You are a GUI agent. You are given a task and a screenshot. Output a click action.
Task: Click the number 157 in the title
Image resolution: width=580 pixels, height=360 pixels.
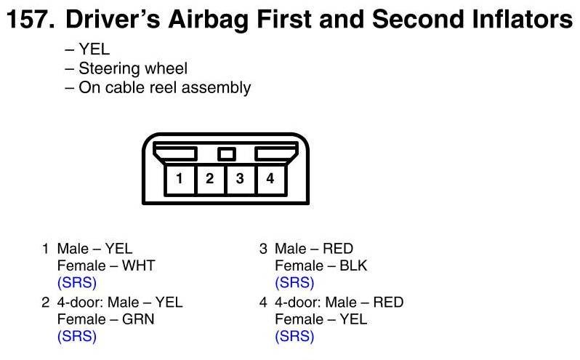point(31,19)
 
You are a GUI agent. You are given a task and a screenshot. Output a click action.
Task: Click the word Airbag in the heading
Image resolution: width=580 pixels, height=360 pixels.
point(209,20)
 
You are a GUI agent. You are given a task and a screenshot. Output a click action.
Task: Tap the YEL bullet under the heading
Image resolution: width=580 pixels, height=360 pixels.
point(94,49)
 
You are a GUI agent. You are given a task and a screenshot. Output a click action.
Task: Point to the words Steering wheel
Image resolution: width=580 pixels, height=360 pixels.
point(133,68)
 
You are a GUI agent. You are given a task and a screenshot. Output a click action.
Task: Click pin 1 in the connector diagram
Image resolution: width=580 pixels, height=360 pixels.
point(180,179)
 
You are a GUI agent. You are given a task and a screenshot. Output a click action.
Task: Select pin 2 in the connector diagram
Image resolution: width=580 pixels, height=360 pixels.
point(210,179)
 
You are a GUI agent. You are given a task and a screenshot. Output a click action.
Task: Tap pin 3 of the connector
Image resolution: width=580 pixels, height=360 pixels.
point(240,179)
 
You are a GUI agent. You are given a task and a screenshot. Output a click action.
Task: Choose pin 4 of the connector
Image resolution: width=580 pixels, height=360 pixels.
point(270,179)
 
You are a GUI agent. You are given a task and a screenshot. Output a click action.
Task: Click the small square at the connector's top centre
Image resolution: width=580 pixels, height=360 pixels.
point(226,154)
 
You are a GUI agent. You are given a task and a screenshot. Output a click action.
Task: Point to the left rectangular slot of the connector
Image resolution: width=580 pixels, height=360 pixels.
point(175,153)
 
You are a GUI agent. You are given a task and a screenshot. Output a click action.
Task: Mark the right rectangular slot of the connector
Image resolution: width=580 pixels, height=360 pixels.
point(276,153)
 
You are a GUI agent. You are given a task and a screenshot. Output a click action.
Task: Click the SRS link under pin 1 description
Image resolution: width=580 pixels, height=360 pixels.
point(77,283)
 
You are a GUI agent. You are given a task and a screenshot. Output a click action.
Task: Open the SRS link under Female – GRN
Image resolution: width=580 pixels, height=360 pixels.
point(77,336)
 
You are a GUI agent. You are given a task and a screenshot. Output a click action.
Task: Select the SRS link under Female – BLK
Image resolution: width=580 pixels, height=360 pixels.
point(294,283)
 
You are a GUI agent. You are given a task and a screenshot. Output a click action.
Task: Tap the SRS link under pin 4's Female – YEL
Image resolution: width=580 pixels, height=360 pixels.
point(294,336)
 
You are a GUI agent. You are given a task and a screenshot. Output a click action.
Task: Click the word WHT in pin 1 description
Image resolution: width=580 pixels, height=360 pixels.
point(138,265)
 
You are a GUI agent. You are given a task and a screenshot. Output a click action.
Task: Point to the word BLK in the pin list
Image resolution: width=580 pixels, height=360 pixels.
point(353,265)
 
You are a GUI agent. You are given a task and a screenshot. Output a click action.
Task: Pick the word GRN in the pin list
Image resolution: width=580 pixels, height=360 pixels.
point(138,319)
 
